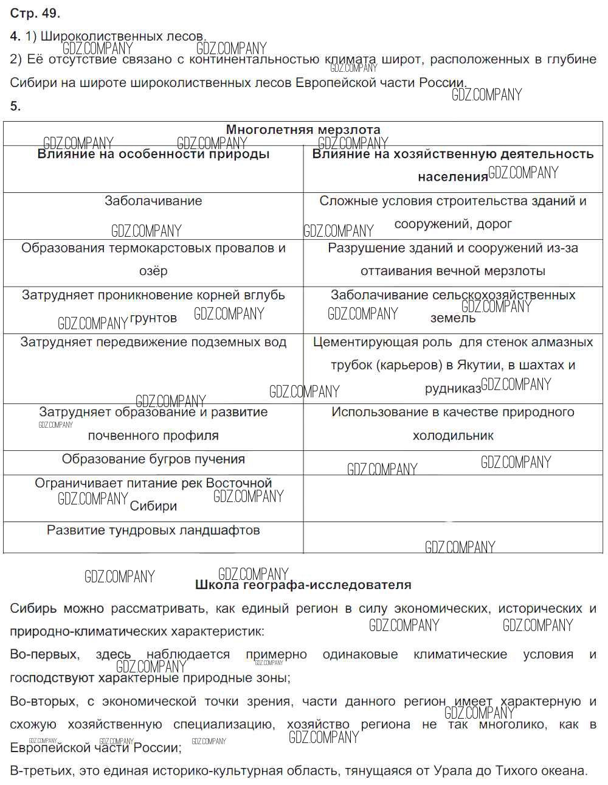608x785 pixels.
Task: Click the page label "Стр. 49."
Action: [35, 13]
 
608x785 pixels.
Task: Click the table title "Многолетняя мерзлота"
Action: [303, 130]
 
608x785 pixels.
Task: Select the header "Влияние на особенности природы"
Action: [153, 154]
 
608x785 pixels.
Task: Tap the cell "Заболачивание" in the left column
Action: [153, 201]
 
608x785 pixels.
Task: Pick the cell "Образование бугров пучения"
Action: [153, 459]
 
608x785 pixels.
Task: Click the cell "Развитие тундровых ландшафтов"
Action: [153, 530]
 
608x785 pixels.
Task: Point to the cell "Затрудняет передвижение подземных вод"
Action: [153, 342]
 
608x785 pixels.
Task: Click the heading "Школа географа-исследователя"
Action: [303, 585]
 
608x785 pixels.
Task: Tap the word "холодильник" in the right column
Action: [453, 436]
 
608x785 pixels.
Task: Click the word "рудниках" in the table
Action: [452, 389]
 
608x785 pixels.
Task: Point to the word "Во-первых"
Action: [44, 655]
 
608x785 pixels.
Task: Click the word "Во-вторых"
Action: [43, 702]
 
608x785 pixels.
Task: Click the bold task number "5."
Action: [15, 106]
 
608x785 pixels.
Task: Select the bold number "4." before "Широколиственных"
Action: [15, 37]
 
